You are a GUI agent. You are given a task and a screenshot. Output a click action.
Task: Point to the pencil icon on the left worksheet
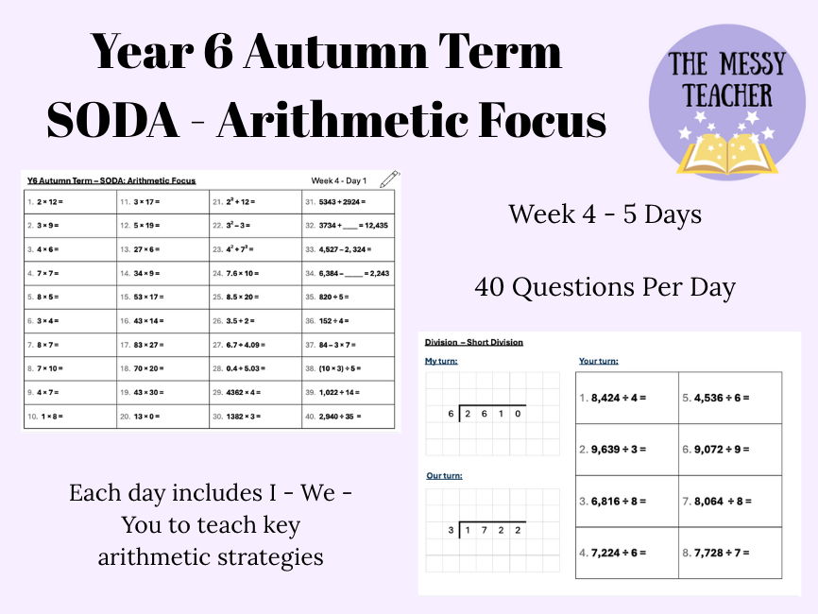[x=388, y=179]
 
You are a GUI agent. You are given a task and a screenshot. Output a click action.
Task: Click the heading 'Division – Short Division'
[x=473, y=342]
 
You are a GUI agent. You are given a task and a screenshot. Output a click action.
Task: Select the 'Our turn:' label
[x=444, y=476]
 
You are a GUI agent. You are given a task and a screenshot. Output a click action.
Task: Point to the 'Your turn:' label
[x=600, y=361]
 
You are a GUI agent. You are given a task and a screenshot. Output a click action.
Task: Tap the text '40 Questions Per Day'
[x=605, y=287]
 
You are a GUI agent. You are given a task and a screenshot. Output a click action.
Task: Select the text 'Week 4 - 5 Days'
[x=605, y=214]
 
